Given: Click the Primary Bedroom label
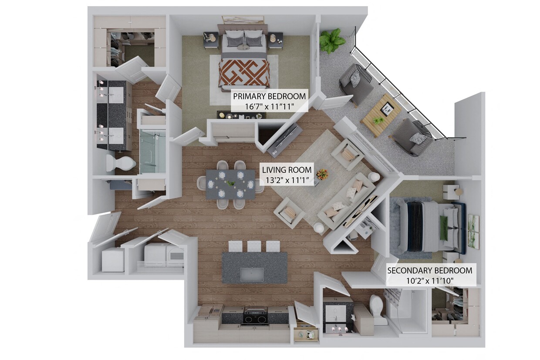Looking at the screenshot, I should (x=269, y=96).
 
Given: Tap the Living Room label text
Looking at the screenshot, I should (x=286, y=170).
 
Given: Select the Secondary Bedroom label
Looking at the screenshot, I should (x=429, y=270).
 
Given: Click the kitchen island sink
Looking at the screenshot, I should (x=252, y=274).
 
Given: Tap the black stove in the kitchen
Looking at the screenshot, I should (x=255, y=316).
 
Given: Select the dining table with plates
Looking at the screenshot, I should (x=230, y=184).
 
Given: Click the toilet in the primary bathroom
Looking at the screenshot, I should (x=120, y=163).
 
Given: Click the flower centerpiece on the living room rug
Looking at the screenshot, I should (x=322, y=175).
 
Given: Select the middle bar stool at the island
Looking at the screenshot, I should (x=254, y=246).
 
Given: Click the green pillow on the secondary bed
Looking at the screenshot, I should (x=444, y=228).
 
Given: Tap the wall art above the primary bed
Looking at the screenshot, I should (x=243, y=20).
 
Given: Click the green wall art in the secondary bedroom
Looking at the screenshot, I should (x=473, y=232).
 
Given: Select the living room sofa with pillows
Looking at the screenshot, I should (x=346, y=201).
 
